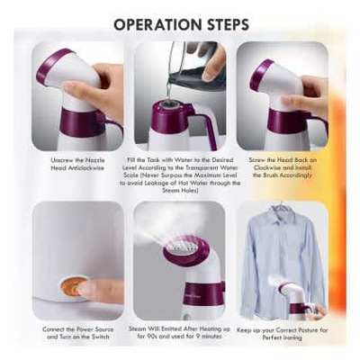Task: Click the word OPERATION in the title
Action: pos(156,22)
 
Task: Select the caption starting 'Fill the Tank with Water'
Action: pos(179,173)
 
